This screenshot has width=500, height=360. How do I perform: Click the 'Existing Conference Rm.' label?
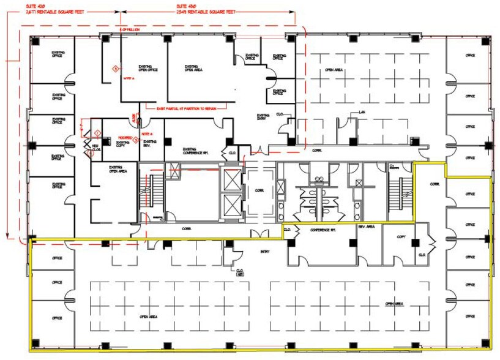coord(196,150)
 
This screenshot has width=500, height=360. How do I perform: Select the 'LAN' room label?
coord(362,112)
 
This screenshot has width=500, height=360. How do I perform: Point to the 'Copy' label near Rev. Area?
coord(401,236)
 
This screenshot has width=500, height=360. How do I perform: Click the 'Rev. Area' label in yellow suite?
coord(370,228)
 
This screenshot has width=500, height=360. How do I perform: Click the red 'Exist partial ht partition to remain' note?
coord(187,108)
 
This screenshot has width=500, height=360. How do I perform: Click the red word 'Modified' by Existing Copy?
coord(125,138)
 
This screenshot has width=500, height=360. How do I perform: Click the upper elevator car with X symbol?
coord(233,179)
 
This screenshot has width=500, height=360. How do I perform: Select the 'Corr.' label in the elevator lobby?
coord(259,190)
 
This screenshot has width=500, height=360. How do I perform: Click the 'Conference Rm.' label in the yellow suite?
coord(322,230)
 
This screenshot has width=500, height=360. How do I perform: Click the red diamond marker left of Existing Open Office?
coord(114,69)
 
